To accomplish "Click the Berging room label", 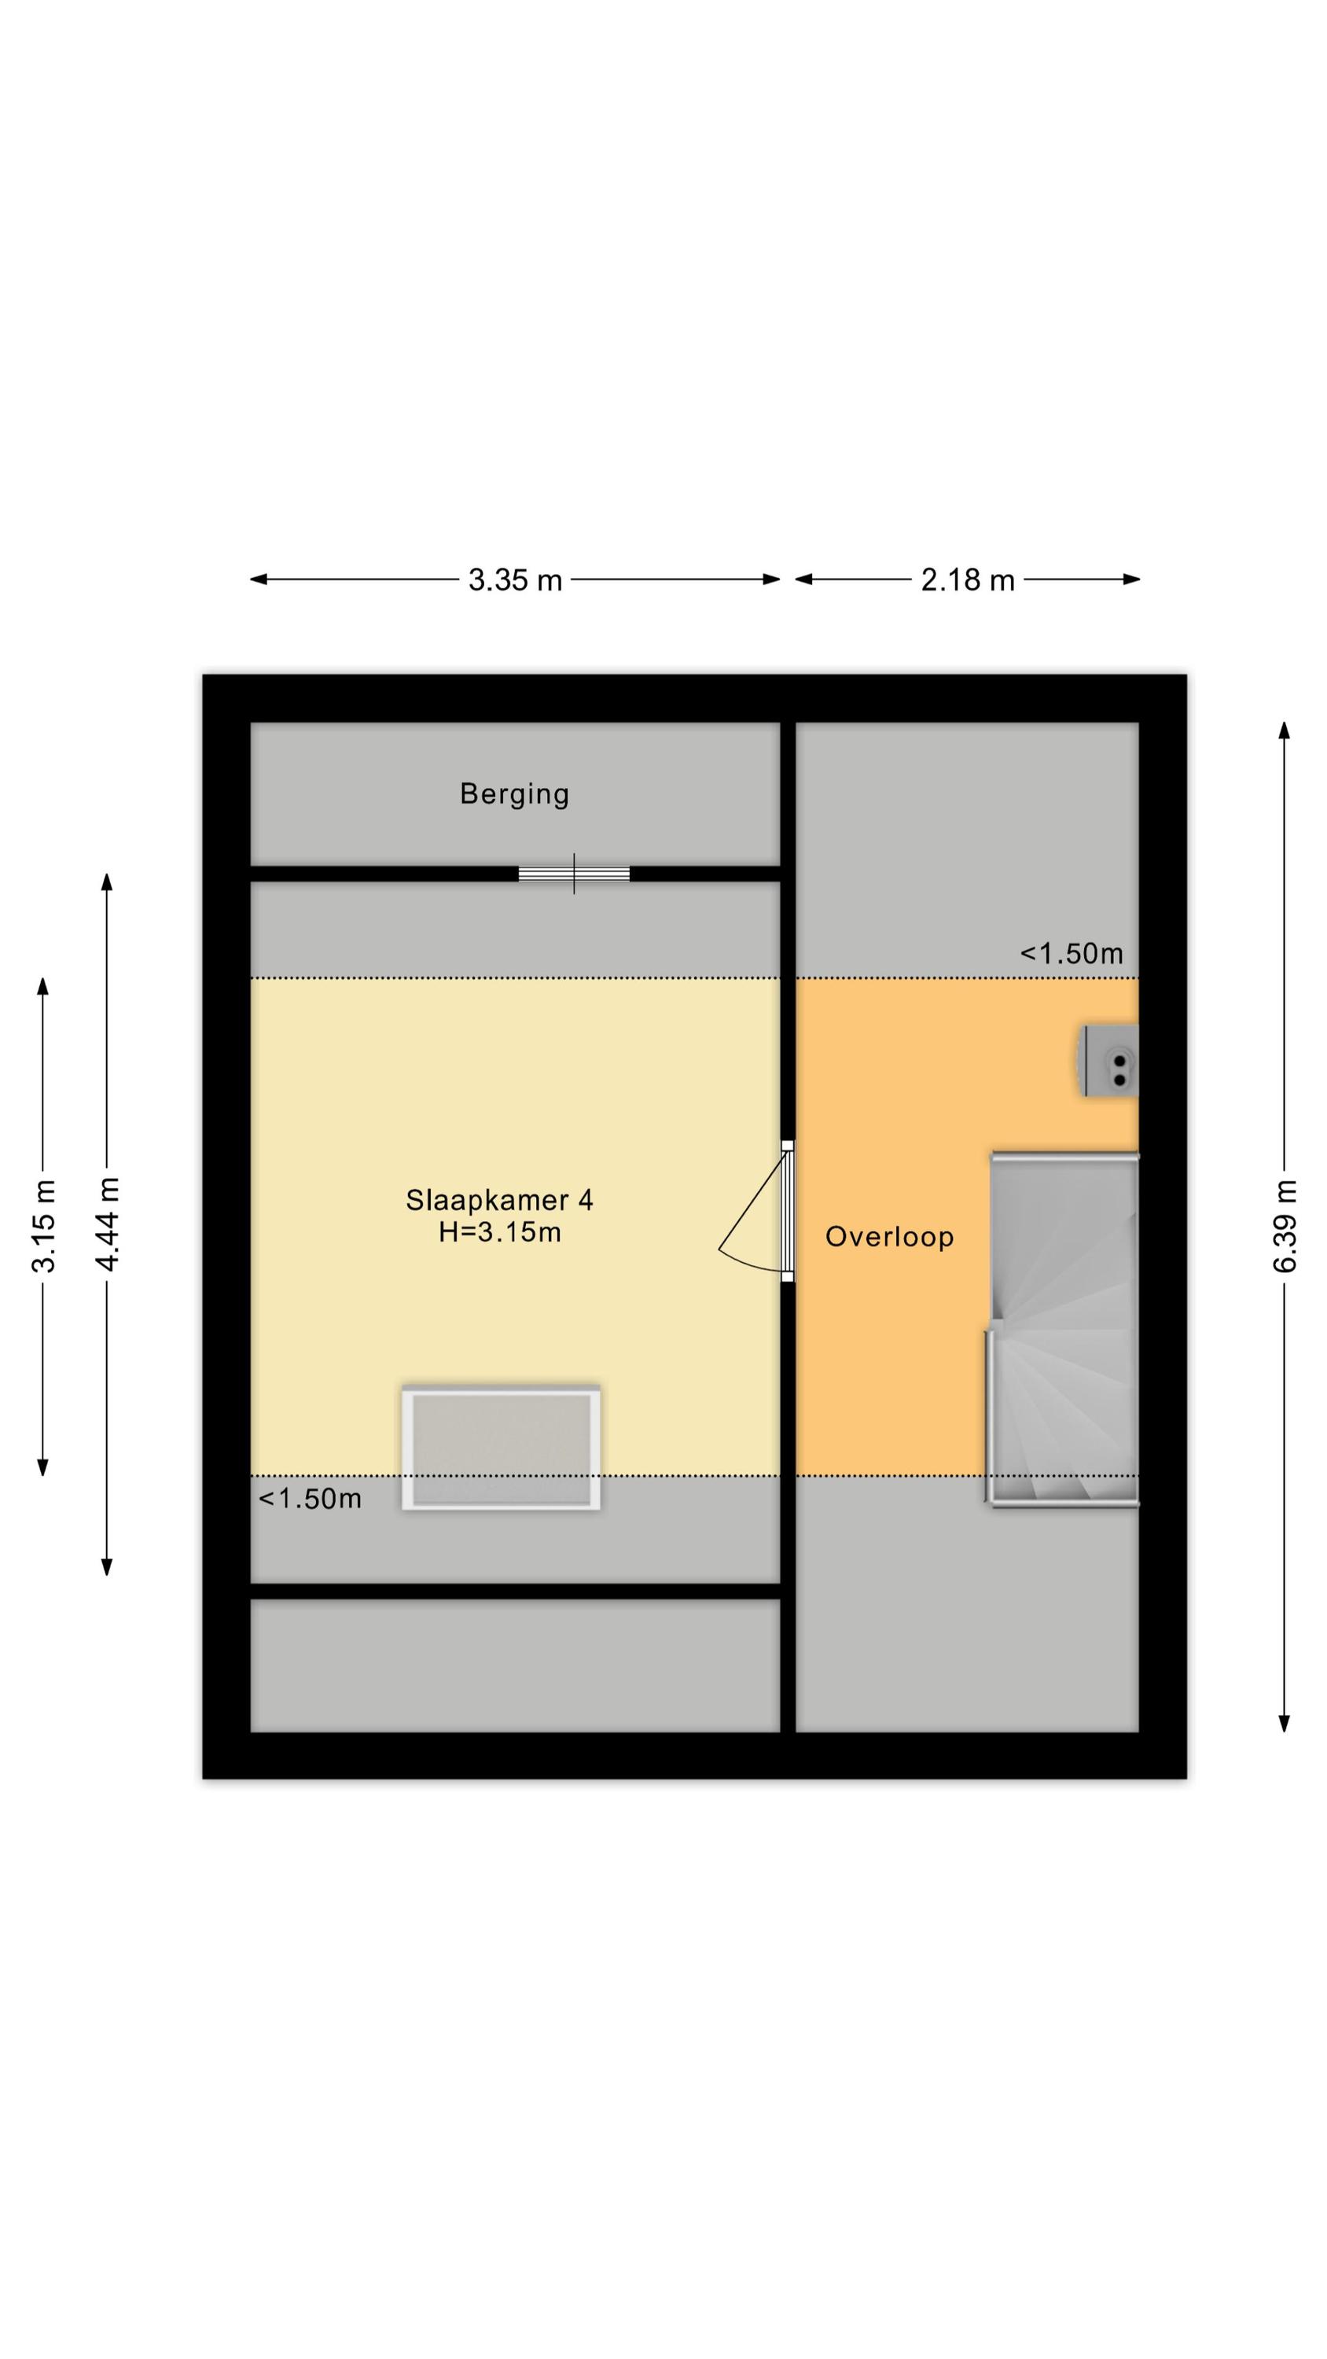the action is [514, 794].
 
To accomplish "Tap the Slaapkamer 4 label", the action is [499, 1200].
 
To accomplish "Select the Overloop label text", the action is [889, 1237].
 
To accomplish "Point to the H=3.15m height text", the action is [499, 1233].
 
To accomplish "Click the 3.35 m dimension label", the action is [515, 580].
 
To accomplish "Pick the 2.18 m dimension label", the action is [967, 580].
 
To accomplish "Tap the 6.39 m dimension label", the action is [1285, 1226].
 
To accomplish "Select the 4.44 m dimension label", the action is [107, 1224].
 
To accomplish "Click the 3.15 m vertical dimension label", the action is [43, 1226].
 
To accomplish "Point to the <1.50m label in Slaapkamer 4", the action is [310, 1498].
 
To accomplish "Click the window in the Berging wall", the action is [574, 874].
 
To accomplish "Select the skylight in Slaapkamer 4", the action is [501, 1448].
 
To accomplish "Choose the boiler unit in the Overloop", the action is [1110, 1061].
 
